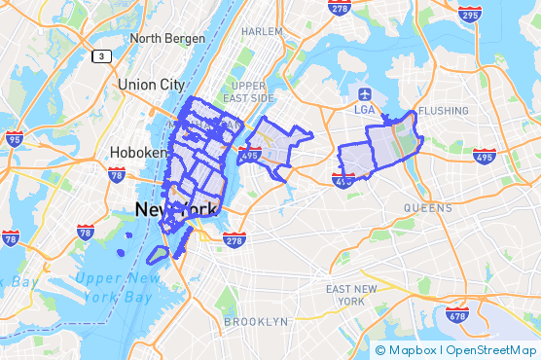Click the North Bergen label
tap(167, 38)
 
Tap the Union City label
tap(151, 85)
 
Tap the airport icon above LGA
tap(365, 94)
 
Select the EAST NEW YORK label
tap(351, 295)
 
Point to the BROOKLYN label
tap(256, 321)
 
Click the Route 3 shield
tap(101, 56)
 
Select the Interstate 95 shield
tap(14, 139)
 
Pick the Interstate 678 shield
tap(457, 314)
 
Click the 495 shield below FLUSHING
tap(484, 156)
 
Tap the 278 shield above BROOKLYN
tap(234, 240)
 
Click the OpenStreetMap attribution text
tap(491, 350)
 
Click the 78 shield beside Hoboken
tap(117, 175)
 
